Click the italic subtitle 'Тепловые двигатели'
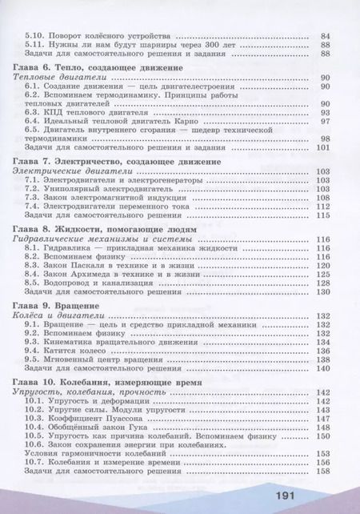58,78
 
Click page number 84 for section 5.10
326,37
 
